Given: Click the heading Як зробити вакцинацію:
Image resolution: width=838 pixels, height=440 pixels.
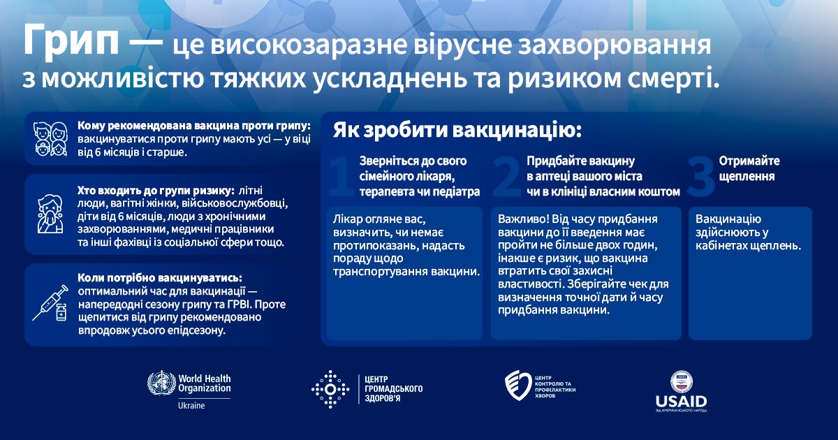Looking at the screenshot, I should click(457, 131).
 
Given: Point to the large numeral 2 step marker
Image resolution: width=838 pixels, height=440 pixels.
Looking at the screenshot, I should click(506, 177).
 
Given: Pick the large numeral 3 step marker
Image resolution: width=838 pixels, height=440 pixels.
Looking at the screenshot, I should click(700, 177).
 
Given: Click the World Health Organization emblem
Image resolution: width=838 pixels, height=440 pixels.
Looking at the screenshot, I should click(161, 384).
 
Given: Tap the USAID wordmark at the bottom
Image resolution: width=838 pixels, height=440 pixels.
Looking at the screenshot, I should click(681, 402).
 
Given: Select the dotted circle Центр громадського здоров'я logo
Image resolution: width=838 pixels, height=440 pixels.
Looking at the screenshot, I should click(330, 389).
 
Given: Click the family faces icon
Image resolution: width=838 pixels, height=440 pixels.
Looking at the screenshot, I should click(51, 139).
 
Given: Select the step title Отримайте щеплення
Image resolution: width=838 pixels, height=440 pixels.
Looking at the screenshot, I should click(749, 168).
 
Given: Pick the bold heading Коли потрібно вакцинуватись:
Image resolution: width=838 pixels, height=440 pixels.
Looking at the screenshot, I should click(161, 277).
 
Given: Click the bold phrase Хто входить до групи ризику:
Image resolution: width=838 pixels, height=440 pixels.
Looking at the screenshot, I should click(156, 190).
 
